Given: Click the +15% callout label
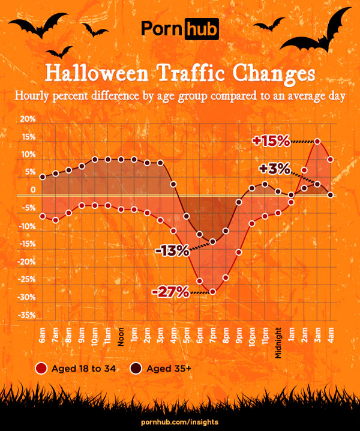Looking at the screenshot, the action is point(271,141).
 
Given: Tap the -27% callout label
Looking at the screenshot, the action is point(170,292).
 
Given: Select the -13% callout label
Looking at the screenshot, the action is point(172,251).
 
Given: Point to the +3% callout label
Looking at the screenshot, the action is point(274,169).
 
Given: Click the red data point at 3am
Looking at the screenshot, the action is point(317,142).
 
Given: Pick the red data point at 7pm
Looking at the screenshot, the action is point(212,292).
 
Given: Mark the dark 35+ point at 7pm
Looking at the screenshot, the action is point(212,242).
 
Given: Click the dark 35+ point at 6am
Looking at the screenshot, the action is point(43,176).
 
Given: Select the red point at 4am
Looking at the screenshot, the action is point(331,160).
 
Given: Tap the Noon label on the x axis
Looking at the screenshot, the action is point(121,337).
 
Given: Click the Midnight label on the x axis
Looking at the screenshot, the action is point(278,343).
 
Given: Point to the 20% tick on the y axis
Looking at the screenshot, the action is point(28,119).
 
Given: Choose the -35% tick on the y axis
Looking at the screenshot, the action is point(26,315).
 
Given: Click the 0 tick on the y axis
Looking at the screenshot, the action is point(33,190).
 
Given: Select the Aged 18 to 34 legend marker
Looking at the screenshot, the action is point(41,369).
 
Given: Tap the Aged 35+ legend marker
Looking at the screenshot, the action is point(136,369).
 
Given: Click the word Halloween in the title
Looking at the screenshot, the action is point(97,73).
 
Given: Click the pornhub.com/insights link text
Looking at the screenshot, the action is point(180,422).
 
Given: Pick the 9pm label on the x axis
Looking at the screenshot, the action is point(239,336).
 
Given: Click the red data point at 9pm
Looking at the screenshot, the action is point(239,252).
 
